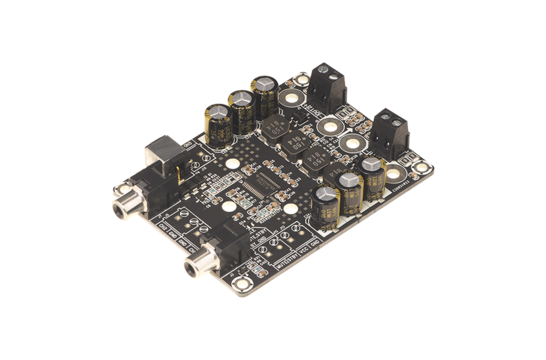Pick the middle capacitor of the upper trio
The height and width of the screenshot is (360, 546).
[x=240, y=103]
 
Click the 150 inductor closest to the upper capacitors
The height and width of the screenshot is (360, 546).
[x=276, y=125]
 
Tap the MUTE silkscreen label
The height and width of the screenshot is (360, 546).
[x=262, y=268]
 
